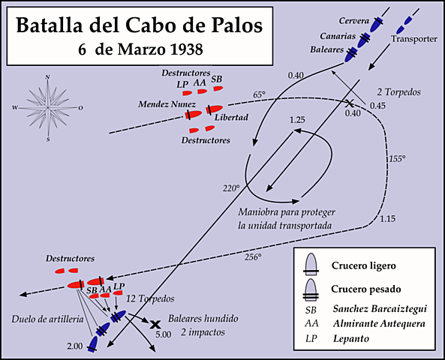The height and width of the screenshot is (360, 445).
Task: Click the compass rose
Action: coord(47,108)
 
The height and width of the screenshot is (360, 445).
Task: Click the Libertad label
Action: coord(231,118)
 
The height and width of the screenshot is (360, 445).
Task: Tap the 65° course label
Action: coord(259,94)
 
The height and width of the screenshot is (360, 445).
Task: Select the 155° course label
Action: coord(397,159)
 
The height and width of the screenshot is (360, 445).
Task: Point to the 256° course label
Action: coord(253,257)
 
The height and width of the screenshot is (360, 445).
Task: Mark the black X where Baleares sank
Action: coord(155,325)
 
